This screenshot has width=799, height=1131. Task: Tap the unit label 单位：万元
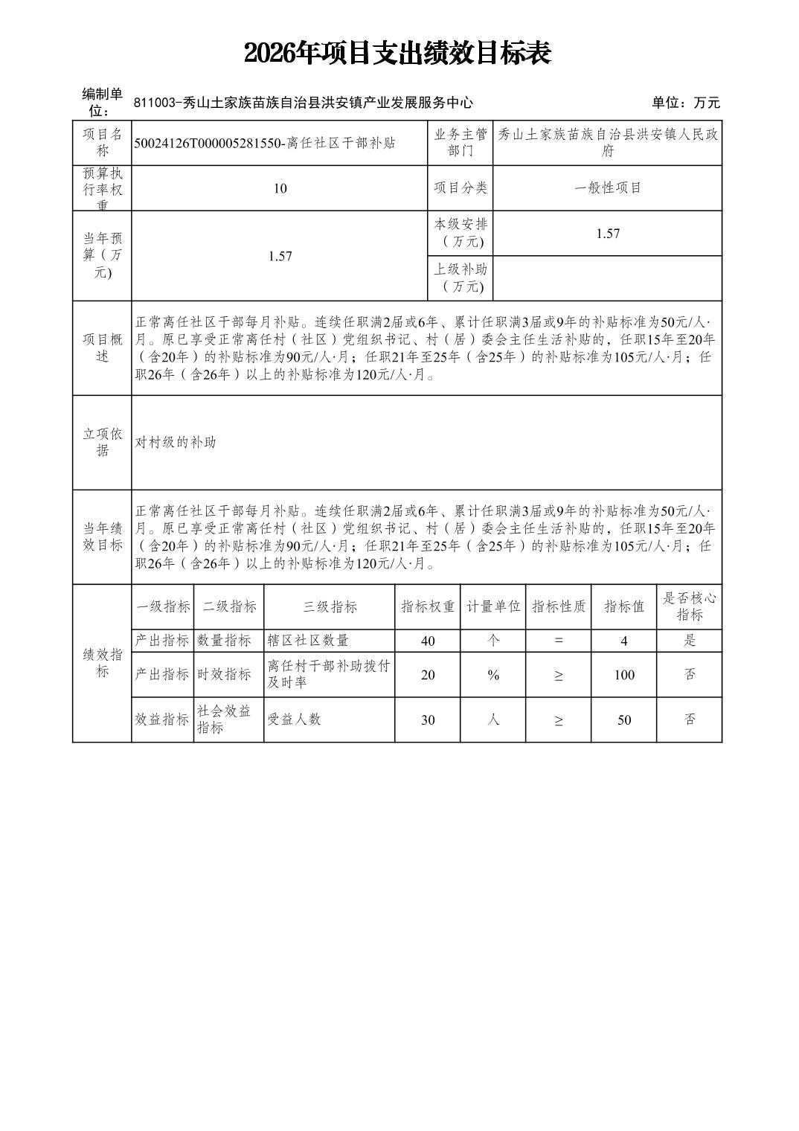coord(685,103)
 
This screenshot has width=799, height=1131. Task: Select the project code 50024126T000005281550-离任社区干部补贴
coord(265,143)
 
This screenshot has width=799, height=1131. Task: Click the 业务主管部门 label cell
coord(461,142)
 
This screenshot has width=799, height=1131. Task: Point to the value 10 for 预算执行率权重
coord(280,188)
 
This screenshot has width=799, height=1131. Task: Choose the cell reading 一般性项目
coord(608,188)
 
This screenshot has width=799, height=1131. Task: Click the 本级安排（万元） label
coord(461,233)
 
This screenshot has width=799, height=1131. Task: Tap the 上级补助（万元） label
coord(461,278)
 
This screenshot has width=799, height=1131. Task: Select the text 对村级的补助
coord(176,442)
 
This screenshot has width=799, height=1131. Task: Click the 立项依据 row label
coord(102,442)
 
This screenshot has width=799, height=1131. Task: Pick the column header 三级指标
coord(330,606)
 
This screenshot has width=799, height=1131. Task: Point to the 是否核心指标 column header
coord(690,606)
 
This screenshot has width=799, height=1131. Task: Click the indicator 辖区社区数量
coord(308,641)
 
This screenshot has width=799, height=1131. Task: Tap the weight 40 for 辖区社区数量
coord(428,641)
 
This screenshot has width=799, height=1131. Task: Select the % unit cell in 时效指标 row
coord(493,675)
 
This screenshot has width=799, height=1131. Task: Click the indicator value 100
coord(624,675)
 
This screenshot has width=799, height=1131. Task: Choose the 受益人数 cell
coord(294,720)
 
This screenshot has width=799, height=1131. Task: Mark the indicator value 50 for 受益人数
coord(624,720)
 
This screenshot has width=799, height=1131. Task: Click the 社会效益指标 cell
coord(224,720)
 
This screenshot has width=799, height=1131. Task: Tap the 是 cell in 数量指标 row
coord(690,641)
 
